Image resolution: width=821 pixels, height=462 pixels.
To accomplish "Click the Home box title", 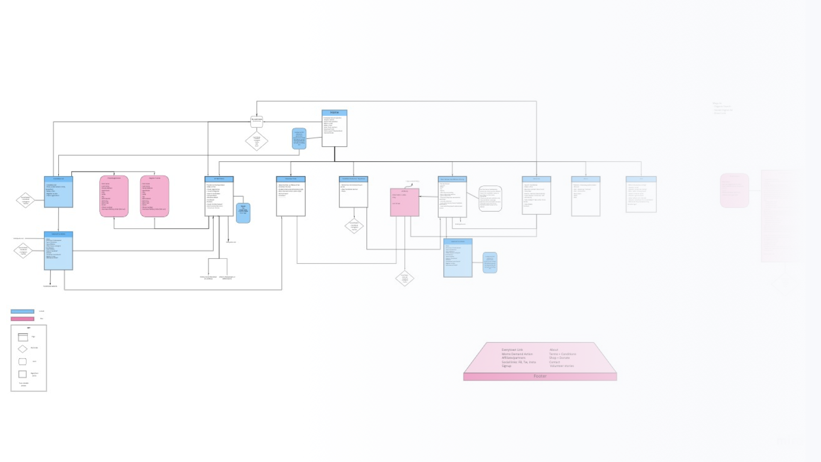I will [x=334, y=113].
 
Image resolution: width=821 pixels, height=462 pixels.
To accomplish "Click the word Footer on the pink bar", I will [x=540, y=376].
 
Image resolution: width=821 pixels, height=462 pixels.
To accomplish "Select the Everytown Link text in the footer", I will [x=512, y=350].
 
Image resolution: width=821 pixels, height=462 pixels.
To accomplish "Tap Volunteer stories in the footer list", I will [x=562, y=366].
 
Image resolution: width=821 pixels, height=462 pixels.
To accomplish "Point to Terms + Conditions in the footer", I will [x=563, y=354].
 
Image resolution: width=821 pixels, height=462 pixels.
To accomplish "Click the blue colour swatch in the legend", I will [x=22, y=311].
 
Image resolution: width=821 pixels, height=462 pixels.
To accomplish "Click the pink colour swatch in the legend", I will [x=22, y=319].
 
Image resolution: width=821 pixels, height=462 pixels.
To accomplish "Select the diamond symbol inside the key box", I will [x=23, y=349].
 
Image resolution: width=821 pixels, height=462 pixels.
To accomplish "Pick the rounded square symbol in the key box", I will [x=23, y=361].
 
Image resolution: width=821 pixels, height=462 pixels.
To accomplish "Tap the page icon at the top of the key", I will [x=23, y=337].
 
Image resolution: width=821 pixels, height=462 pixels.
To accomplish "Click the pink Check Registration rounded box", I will [x=114, y=196].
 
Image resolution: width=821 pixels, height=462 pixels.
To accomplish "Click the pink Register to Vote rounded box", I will [x=155, y=196].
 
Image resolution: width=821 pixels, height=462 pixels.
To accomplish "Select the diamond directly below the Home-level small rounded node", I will [x=257, y=141].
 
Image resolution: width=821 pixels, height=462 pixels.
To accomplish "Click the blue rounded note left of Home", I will [x=299, y=139].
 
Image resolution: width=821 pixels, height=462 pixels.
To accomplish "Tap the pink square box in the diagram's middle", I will [x=405, y=202].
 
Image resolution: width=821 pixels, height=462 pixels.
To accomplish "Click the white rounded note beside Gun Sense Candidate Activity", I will [x=490, y=198].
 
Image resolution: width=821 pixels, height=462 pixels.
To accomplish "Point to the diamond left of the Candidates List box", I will [x=26, y=200].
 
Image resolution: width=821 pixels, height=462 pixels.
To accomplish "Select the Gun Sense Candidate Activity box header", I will [x=452, y=179].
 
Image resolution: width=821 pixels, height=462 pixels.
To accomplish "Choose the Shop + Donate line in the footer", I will [x=559, y=358].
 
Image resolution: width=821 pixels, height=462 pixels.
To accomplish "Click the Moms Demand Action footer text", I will [x=517, y=354].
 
